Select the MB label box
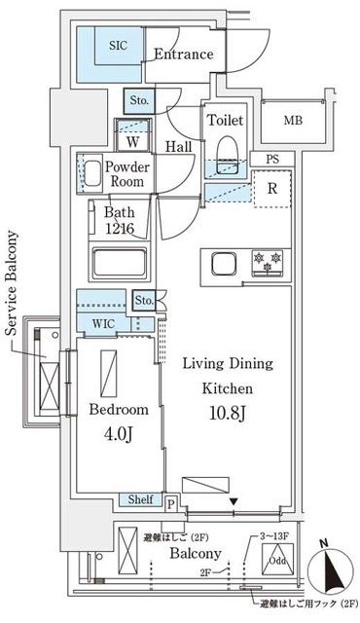pyautogui.click(x=292, y=121)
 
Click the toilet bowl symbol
pyautogui.click(x=228, y=149)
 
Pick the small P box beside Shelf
pyautogui.click(x=172, y=504)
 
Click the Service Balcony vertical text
pyautogui.click(x=13, y=282)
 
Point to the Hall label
pyautogui.click(x=178, y=145)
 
